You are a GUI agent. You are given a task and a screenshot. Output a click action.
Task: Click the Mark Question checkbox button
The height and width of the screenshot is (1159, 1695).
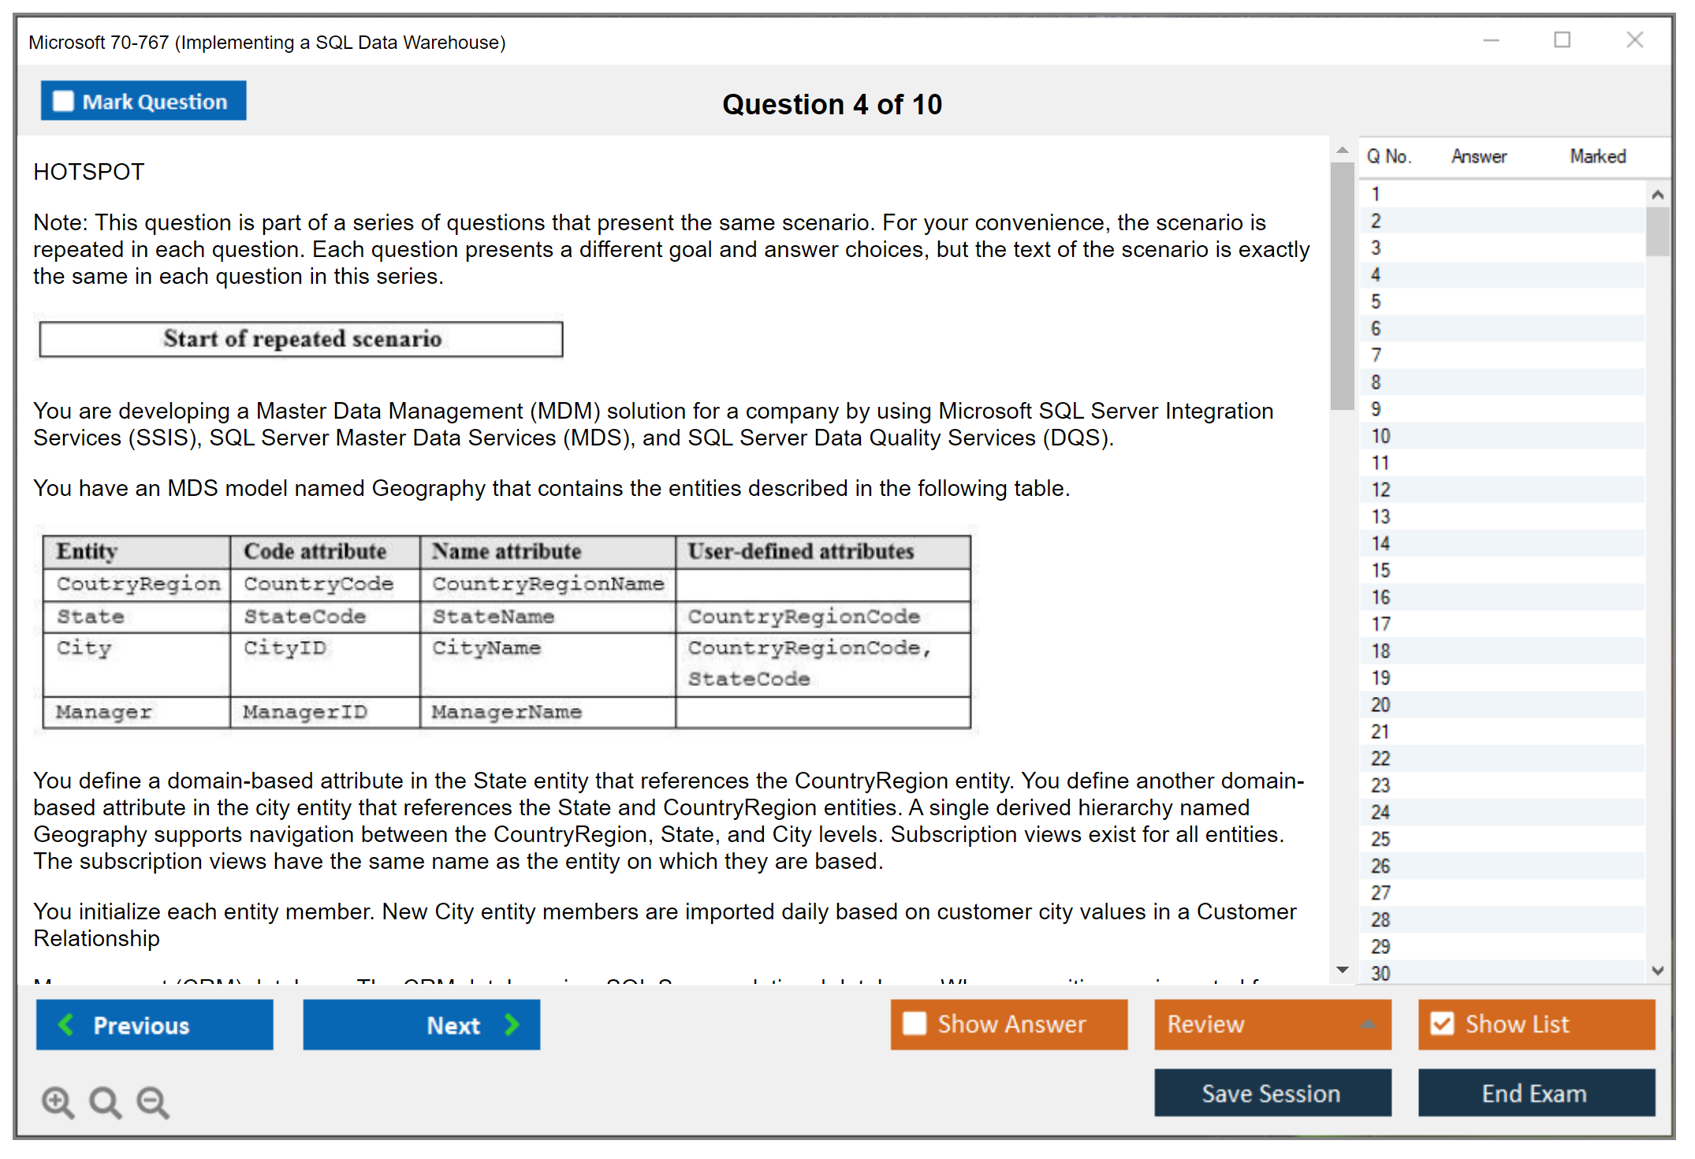click(143, 101)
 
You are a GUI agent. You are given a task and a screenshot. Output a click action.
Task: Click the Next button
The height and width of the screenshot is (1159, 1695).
click(421, 1024)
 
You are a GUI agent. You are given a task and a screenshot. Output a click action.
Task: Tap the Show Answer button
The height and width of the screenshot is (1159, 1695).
click(1008, 1024)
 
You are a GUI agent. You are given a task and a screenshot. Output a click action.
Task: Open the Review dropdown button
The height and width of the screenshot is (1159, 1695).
click(1272, 1024)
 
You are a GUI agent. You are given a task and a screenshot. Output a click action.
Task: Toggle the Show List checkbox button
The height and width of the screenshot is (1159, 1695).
click(1536, 1024)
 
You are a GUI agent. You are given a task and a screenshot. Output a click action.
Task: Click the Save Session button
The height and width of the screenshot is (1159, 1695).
click(1272, 1093)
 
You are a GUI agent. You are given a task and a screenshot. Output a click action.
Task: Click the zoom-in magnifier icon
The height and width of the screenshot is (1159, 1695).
click(58, 1101)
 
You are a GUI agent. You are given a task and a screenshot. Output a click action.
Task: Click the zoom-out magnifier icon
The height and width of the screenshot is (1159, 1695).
click(153, 1101)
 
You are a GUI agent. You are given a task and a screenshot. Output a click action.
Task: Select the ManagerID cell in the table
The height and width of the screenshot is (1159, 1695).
click(305, 712)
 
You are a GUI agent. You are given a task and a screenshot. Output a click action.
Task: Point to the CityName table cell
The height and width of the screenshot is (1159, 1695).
click(486, 648)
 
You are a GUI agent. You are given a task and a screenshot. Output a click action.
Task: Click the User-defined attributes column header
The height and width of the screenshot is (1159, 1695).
click(800, 551)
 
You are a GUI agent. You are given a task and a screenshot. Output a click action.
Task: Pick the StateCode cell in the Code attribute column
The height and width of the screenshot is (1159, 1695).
click(305, 617)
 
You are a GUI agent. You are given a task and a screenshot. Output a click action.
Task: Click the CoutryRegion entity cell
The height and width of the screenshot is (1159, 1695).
click(138, 584)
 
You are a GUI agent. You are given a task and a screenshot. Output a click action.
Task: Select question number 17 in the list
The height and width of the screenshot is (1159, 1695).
click(1380, 624)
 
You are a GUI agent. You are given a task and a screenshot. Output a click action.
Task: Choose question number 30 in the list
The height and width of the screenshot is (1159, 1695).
click(1380, 973)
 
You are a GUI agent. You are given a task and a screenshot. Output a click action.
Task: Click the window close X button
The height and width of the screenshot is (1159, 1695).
click(1634, 40)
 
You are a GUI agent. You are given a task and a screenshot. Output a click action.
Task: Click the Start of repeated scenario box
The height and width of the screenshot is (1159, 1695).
click(301, 339)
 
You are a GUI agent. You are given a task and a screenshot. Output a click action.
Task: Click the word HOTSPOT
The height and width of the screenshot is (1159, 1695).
click(89, 172)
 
